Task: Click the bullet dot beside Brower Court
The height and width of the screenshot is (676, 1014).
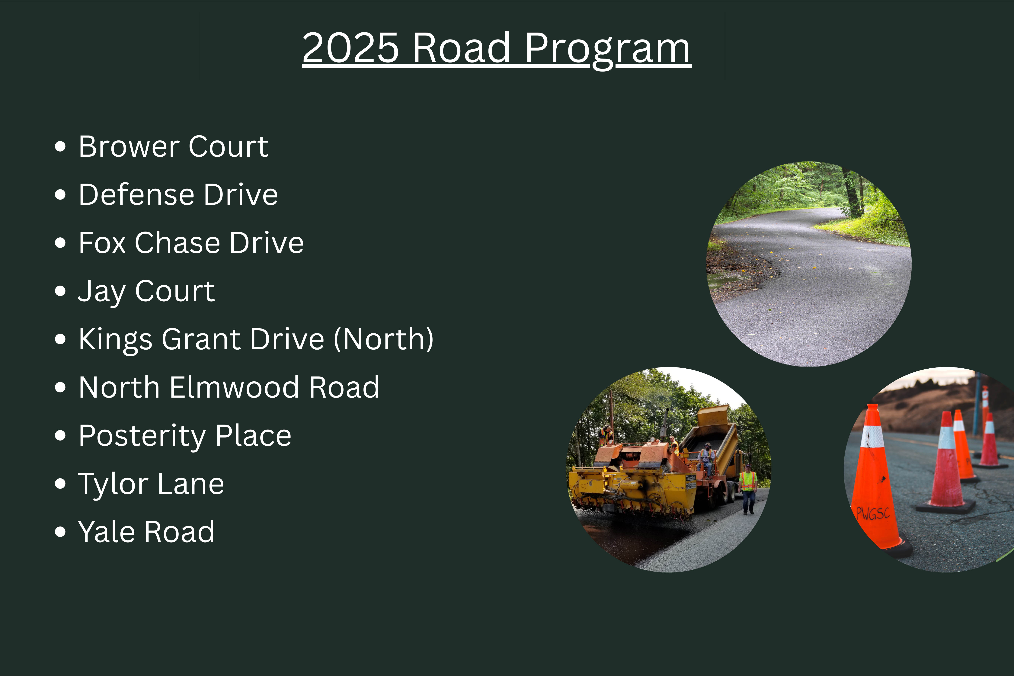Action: point(60,147)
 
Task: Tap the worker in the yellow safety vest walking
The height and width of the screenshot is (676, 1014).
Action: point(748,489)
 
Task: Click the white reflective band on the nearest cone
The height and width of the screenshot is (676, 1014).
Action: point(872,436)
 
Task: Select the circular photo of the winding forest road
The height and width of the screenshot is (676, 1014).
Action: point(809,264)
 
